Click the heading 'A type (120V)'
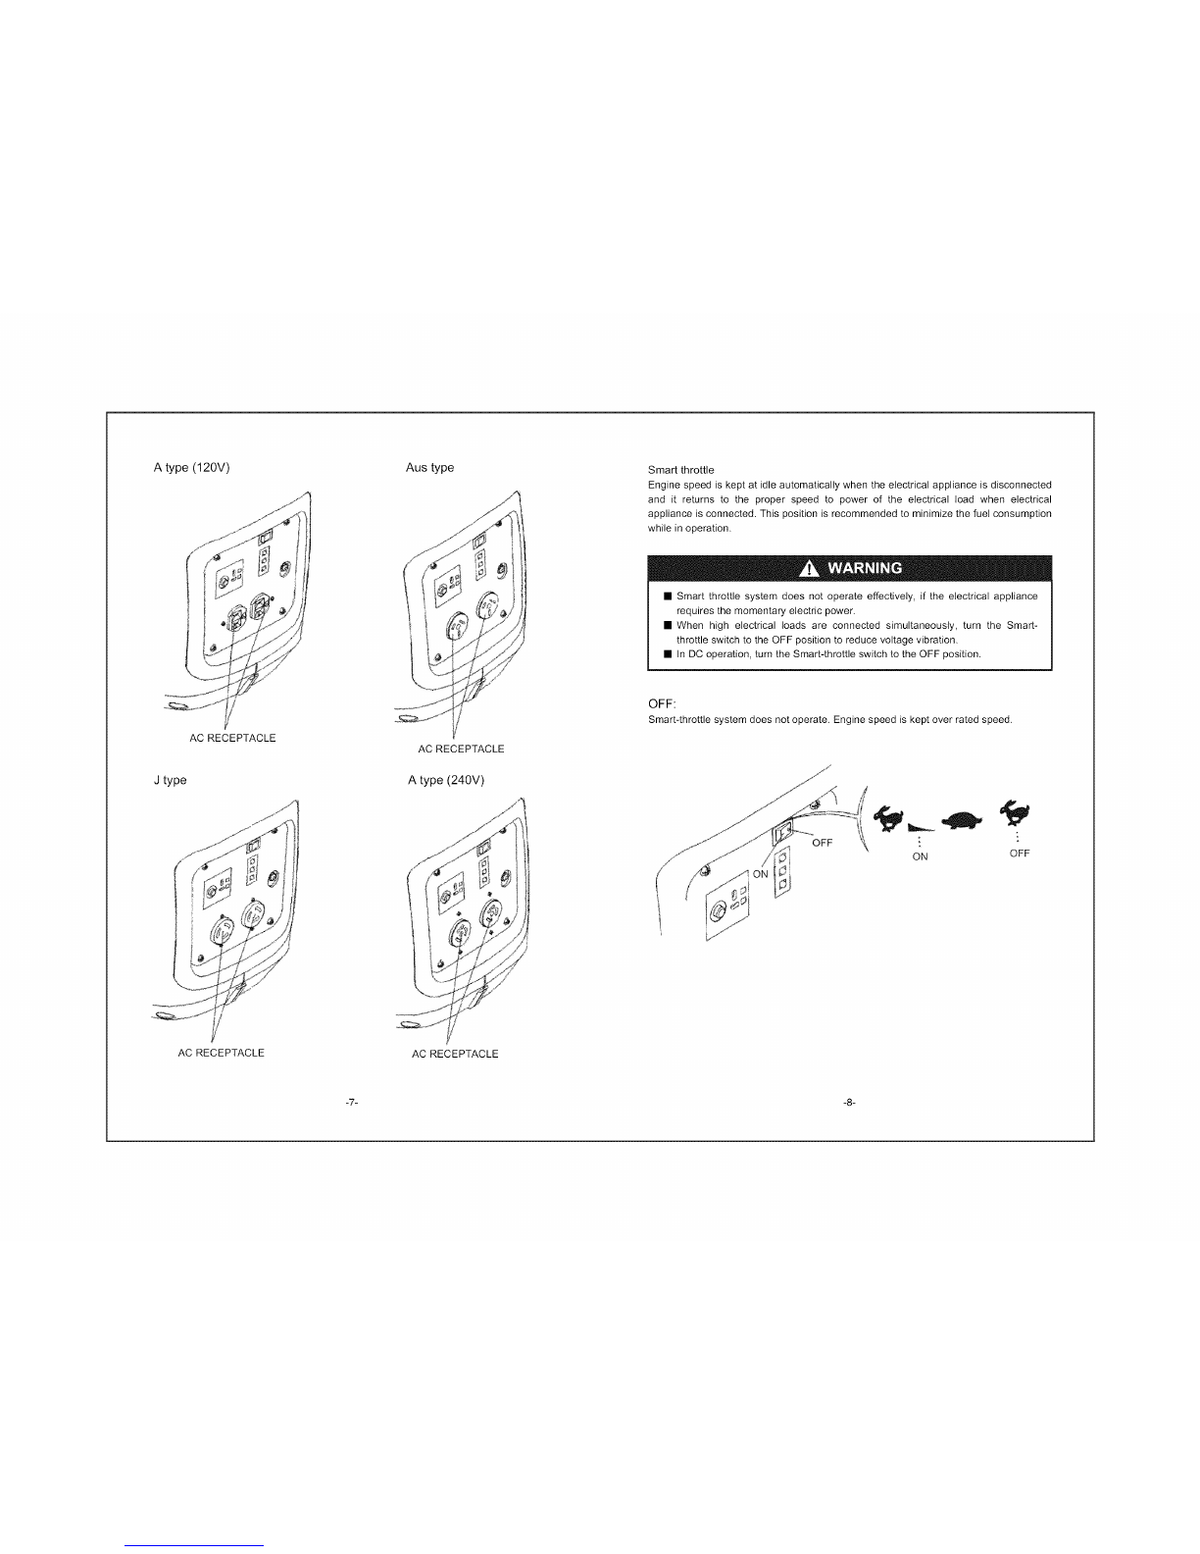[191, 468]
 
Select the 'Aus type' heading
[429, 468]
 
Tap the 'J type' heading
[171, 780]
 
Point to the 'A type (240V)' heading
[446, 780]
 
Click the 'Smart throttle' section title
[680, 470]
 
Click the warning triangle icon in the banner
[809, 569]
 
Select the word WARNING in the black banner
[865, 569]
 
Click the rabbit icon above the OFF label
[1017, 812]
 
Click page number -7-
[351, 1103]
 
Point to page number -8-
[849, 1103]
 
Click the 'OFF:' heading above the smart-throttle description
[662, 704]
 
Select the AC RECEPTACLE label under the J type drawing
[221, 1053]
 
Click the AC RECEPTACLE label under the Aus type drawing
[461, 749]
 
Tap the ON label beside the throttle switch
[761, 874]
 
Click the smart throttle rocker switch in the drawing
[784, 833]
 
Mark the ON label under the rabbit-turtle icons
[920, 856]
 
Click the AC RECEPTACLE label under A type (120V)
[232, 738]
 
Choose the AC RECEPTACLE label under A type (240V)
[455, 1054]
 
